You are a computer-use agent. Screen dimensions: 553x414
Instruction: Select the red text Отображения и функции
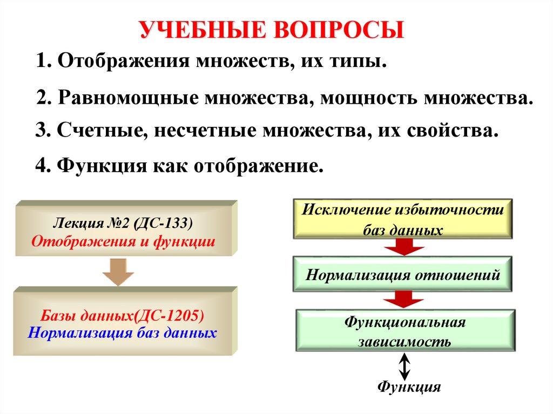(123, 241)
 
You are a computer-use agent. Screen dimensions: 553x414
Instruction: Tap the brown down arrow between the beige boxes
(118, 272)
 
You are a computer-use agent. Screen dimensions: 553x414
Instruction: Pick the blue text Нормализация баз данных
(122, 332)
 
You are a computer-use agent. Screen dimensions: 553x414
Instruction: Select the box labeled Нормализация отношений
(403, 275)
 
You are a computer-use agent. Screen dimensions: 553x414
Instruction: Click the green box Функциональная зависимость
(405, 331)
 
